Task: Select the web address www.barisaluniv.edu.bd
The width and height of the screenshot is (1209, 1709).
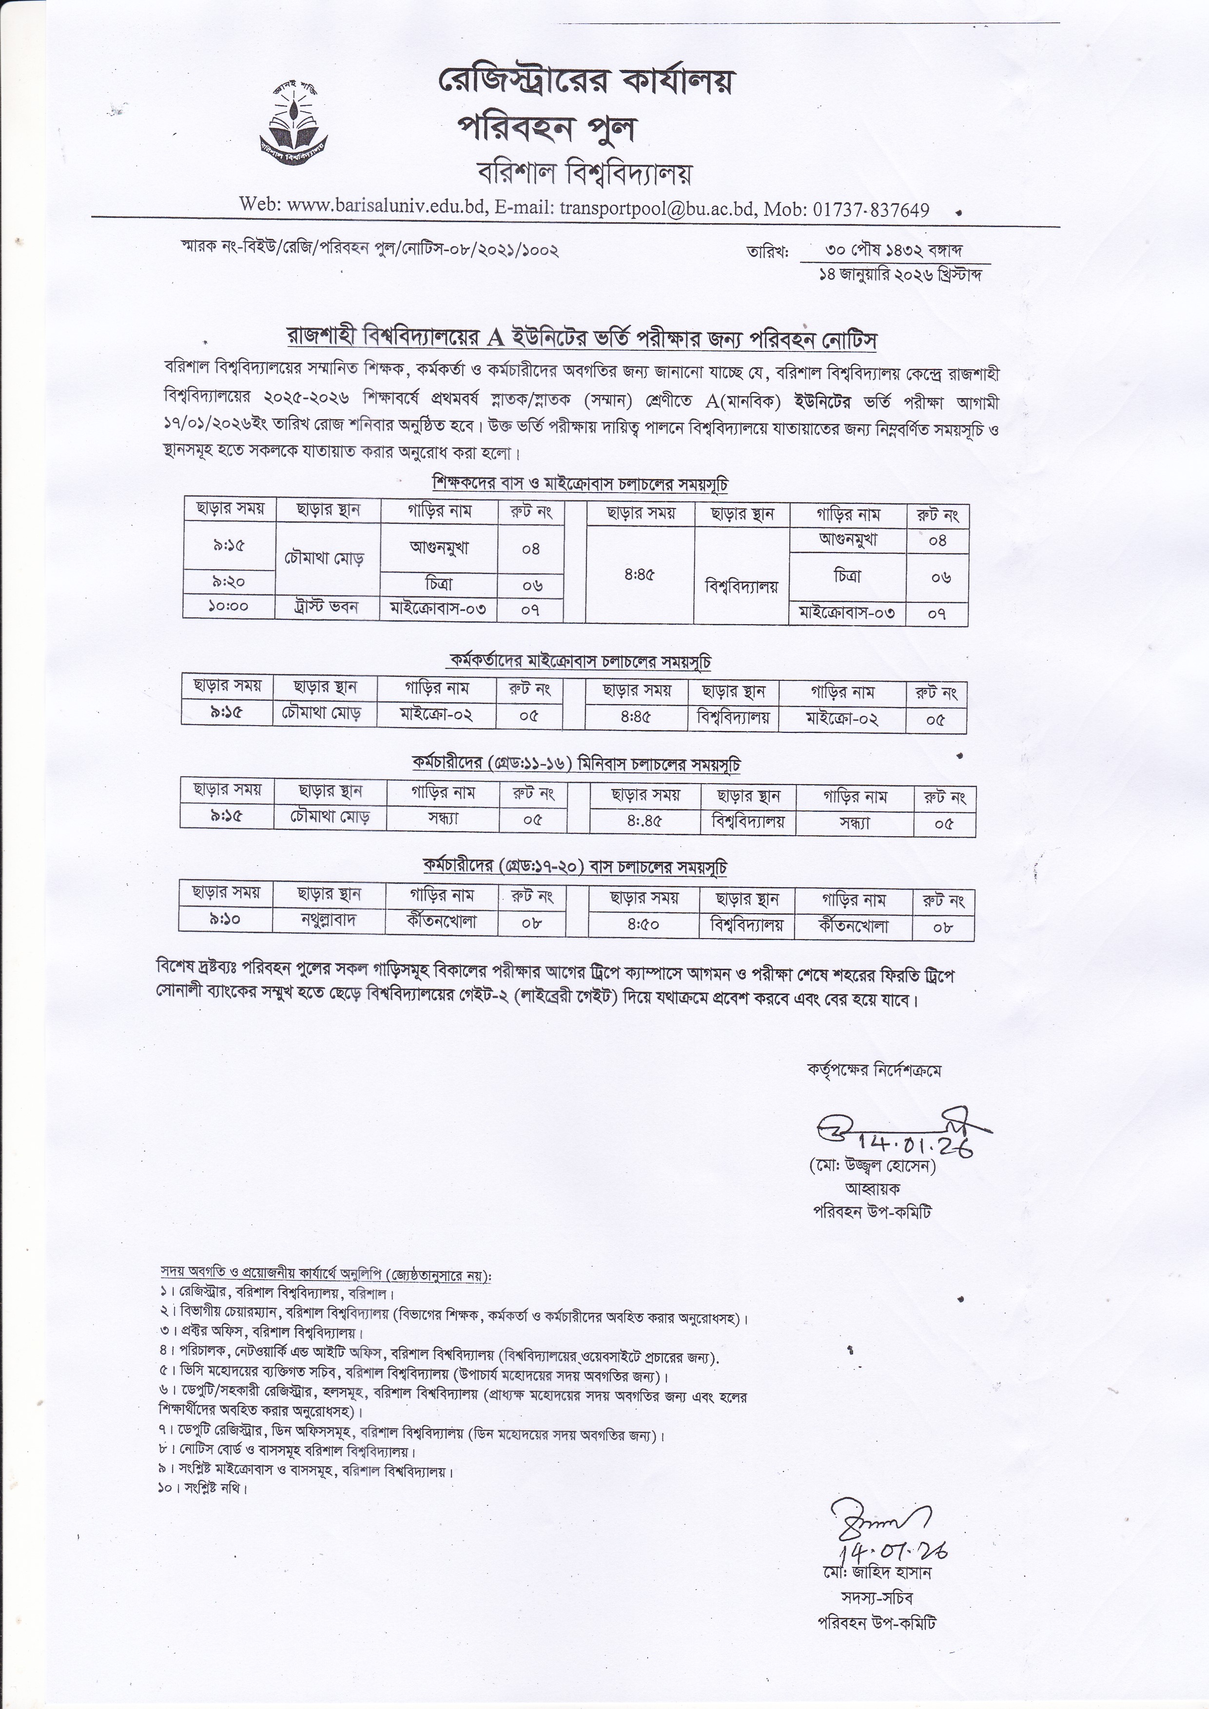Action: [386, 206]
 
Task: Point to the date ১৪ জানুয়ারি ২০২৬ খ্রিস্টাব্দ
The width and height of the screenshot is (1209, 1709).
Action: [899, 275]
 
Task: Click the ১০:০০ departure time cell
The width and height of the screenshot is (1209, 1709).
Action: [229, 607]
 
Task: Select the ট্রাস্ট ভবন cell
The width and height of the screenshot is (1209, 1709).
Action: [328, 607]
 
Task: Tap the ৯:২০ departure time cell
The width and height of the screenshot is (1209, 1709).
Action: [229, 582]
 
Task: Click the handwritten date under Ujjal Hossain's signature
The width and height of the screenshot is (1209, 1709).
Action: [914, 1143]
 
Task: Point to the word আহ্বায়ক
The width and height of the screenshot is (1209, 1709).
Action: [872, 1189]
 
